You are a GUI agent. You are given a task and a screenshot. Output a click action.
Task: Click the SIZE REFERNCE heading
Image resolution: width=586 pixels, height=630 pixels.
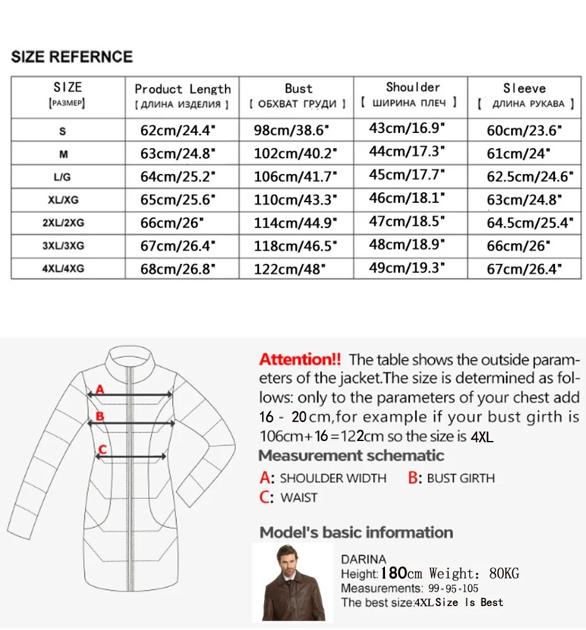pos(72,57)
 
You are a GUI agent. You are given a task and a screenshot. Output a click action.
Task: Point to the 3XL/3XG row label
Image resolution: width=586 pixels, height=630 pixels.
pos(63,246)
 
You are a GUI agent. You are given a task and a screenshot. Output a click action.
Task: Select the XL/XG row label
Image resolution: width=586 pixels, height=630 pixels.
pos(63,200)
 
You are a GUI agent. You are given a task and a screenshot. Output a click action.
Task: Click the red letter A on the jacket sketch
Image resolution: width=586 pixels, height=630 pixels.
pos(100,390)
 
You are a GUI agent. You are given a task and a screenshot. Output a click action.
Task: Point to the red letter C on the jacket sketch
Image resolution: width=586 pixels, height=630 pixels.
pos(103,449)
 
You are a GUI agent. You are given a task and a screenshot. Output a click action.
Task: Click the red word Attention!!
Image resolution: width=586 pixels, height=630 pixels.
pos(300,360)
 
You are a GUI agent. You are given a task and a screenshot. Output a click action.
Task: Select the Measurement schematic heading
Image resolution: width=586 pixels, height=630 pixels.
pos(351,455)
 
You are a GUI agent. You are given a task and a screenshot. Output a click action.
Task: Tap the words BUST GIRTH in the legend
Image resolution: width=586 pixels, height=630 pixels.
pos(461,478)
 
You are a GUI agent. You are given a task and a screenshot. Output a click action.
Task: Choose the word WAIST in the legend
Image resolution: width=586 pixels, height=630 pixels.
pos(299,498)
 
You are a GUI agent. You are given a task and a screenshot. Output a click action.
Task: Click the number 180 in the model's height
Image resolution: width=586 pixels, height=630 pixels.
pos(393,573)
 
